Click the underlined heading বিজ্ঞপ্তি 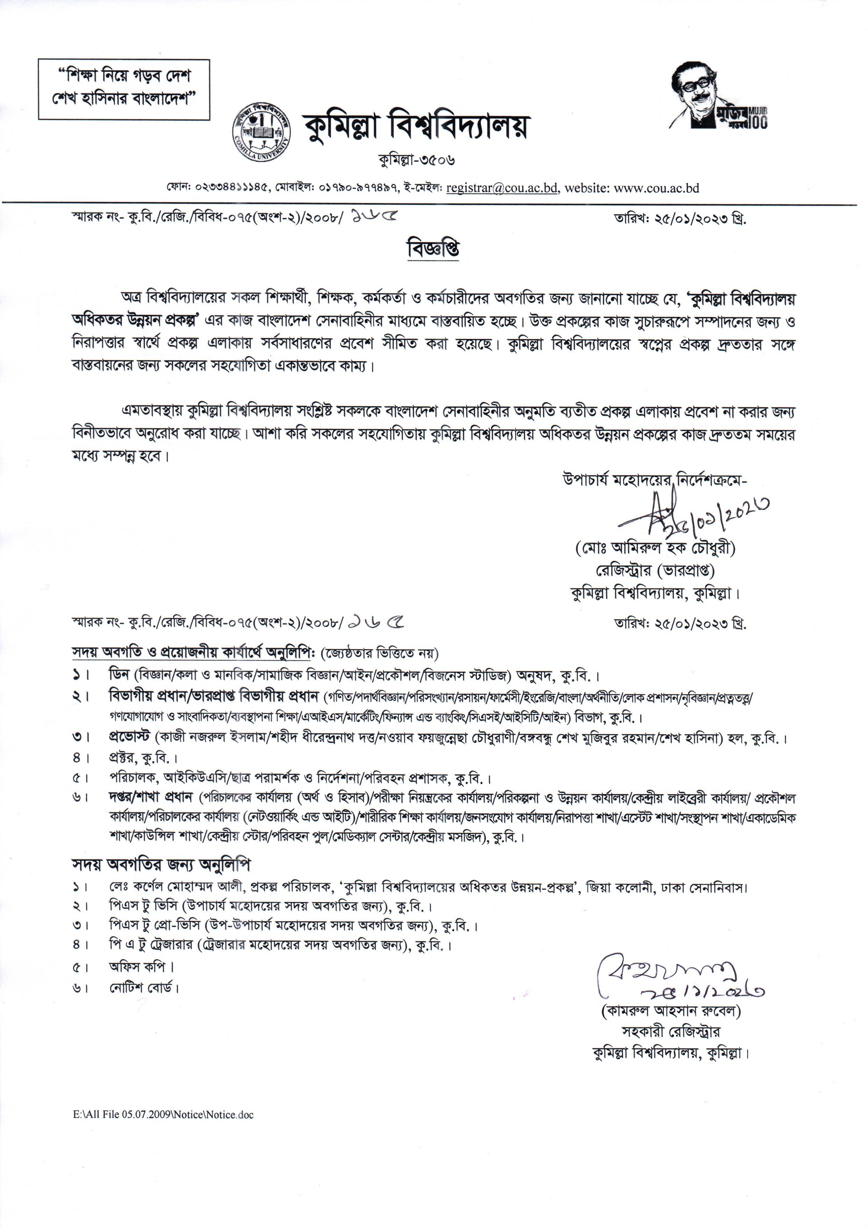click(433, 249)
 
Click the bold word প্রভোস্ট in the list click(130, 737)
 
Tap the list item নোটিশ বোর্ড click(143, 988)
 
